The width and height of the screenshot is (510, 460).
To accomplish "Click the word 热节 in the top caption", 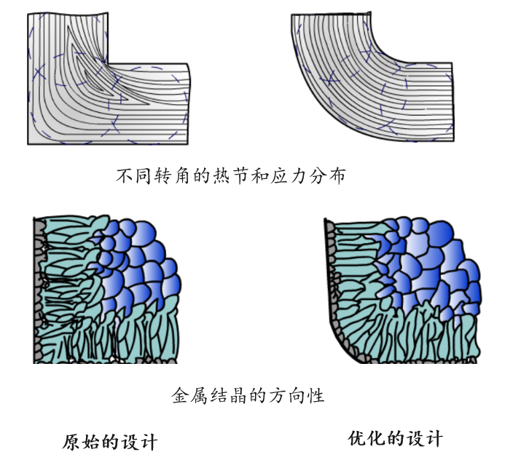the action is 232,176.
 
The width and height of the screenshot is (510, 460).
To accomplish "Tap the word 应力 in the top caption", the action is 289,176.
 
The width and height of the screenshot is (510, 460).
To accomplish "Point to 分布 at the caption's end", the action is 328,176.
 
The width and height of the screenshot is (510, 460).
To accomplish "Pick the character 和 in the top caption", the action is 261,176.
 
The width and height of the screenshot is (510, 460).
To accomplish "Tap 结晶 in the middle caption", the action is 229,395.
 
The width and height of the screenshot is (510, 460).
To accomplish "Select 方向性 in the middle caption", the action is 297,395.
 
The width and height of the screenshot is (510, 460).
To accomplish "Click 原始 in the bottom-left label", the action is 82,442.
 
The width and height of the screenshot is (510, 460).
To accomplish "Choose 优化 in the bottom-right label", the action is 367,439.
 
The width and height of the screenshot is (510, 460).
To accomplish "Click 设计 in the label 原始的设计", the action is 139,442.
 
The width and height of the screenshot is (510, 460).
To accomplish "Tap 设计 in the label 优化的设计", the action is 425,439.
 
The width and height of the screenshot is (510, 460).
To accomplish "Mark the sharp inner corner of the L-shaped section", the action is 108,63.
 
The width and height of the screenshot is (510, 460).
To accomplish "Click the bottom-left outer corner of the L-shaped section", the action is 28,144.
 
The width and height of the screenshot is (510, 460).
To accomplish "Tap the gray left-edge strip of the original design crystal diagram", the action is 39,289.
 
